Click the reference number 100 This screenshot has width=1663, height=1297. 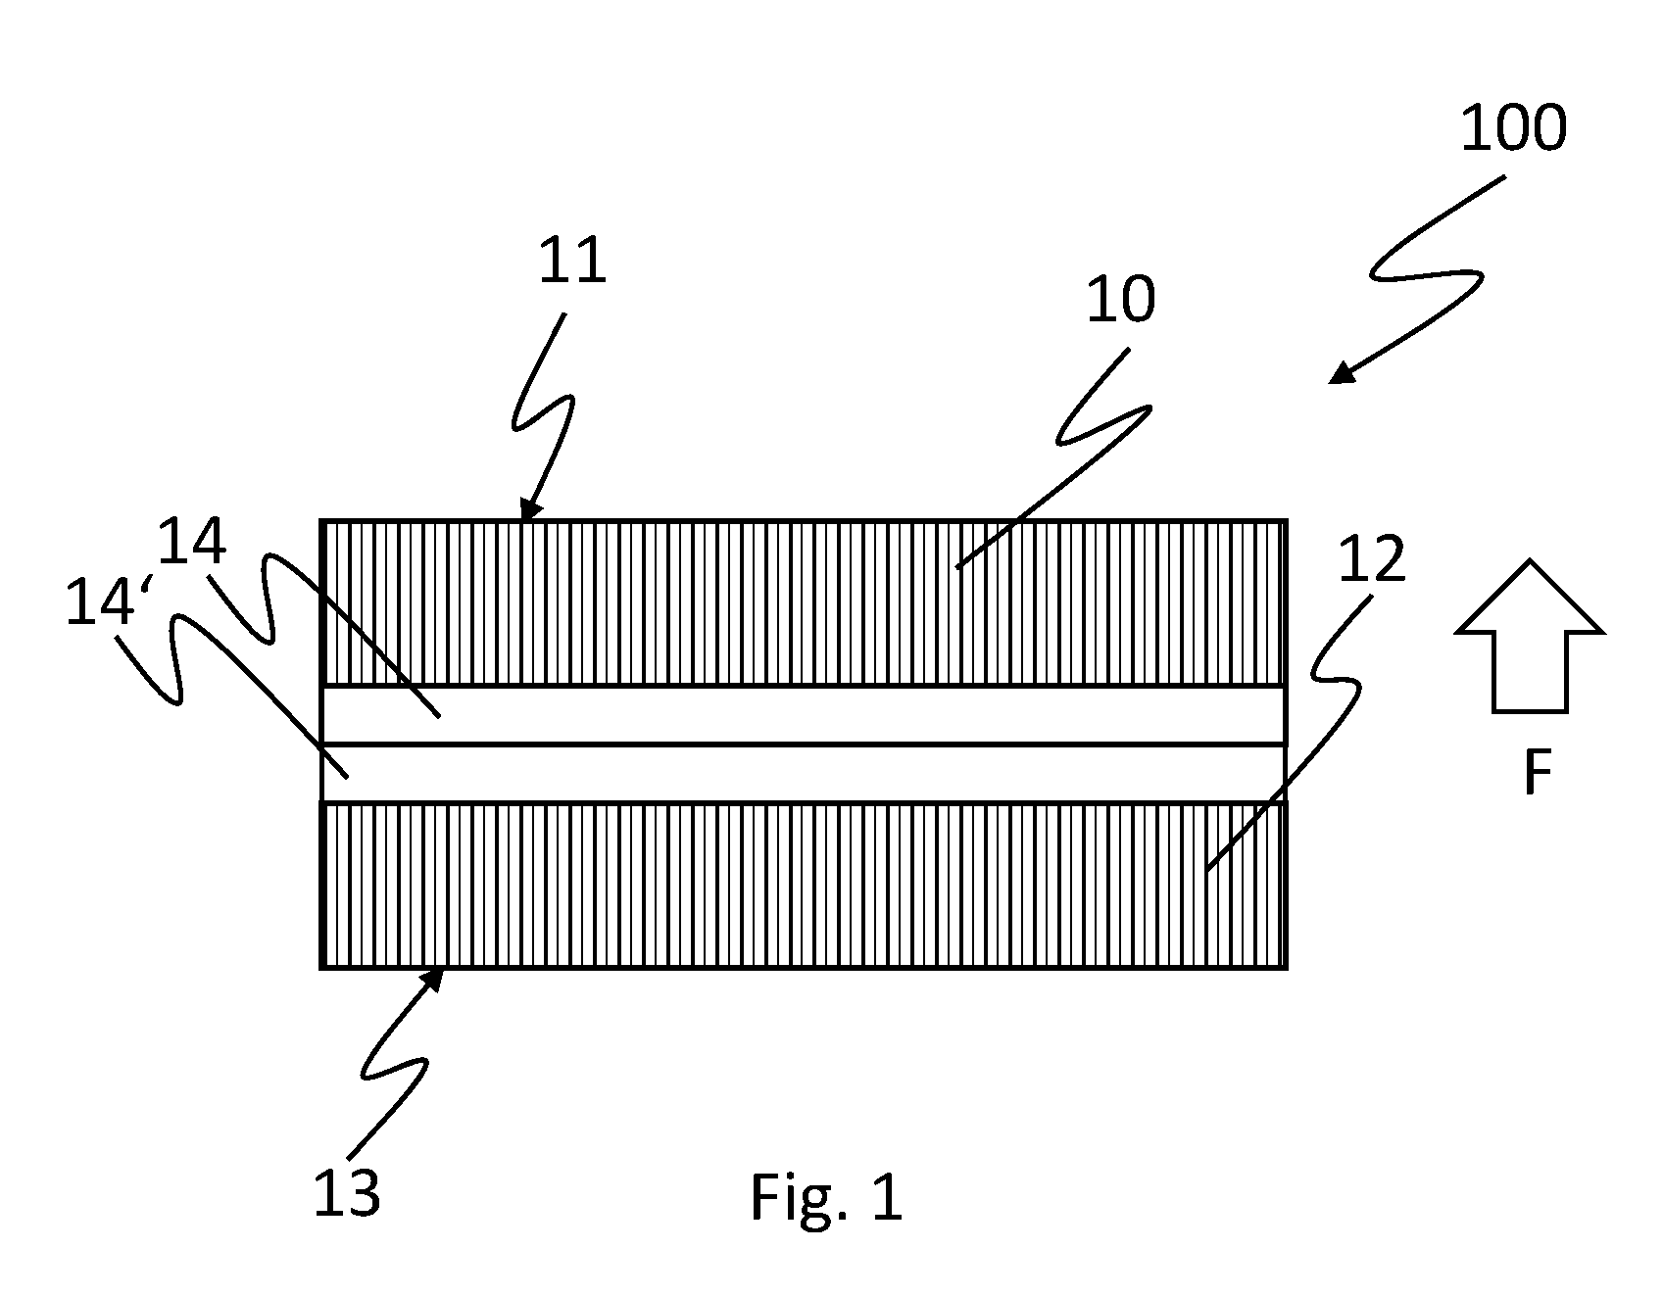click(x=1513, y=128)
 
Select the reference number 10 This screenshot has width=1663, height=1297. click(x=1120, y=299)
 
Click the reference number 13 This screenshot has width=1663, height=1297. click(x=346, y=1193)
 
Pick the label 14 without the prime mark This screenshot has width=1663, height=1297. click(x=192, y=541)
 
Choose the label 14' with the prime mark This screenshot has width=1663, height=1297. click(x=100, y=601)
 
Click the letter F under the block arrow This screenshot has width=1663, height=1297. click(x=1538, y=772)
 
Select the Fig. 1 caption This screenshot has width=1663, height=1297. click(x=825, y=1197)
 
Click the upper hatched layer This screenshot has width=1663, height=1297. click(x=804, y=602)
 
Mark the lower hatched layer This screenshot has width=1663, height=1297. click(x=804, y=886)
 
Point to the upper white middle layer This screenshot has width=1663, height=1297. click(x=804, y=715)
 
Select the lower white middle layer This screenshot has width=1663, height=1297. click(x=804, y=774)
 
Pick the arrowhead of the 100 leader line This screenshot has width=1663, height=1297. click(x=1341, y=373)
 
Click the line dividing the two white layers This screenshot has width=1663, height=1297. click(x=804, y=745)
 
